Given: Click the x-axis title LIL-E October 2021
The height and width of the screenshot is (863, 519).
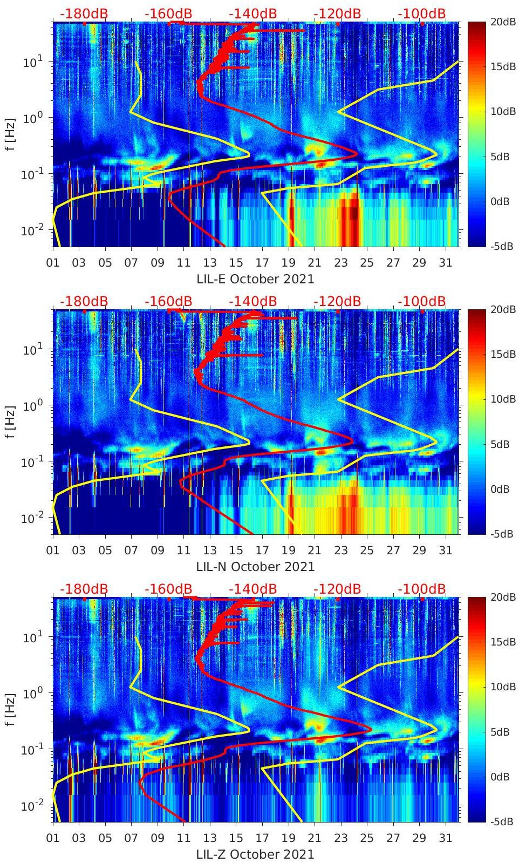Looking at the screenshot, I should [255, 279].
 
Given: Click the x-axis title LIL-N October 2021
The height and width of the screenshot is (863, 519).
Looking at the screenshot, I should [255, 567].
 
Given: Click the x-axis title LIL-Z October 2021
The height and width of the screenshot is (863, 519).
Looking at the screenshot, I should [255, 854].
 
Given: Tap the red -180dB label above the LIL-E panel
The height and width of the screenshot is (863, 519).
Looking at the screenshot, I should [84, 14].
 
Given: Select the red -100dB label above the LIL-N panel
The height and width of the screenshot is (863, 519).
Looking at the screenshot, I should [422, 302].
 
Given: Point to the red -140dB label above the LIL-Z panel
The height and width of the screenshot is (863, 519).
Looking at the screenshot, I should [253, 589].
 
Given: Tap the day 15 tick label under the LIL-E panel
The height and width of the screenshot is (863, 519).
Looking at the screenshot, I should [236, 263].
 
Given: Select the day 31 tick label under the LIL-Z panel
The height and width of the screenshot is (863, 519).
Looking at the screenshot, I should [445, 838].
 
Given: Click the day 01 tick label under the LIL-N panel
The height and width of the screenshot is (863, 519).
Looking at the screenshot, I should [53, 551].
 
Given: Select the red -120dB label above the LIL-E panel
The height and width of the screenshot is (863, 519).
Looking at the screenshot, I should [337, 14].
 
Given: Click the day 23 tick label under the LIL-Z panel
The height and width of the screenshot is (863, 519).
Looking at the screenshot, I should [340, 838].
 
